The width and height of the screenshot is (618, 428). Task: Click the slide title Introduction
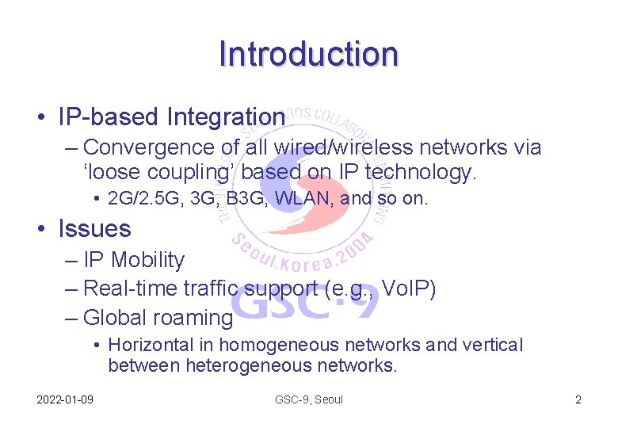coord(308,54)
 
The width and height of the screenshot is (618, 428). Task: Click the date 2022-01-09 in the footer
coord(65,399)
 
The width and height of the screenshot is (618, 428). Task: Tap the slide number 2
coord(578,399)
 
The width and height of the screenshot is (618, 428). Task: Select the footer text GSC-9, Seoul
coord(309,399)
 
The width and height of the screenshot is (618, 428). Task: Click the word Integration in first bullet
coord(226,117)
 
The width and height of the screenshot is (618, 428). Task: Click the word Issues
coord(94,229)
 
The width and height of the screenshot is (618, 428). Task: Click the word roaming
coord(192,318)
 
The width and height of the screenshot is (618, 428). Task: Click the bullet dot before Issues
coord(40,230)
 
